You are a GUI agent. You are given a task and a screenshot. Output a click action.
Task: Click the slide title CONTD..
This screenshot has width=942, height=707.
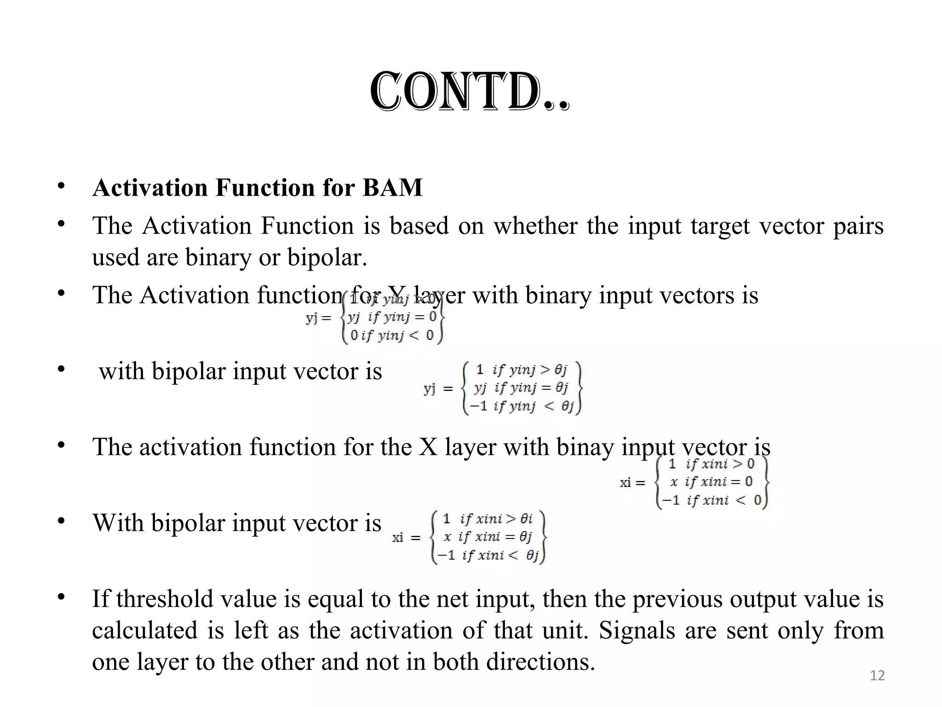point(469,92)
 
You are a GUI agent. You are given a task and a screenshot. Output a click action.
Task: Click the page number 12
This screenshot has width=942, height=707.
point(877,675)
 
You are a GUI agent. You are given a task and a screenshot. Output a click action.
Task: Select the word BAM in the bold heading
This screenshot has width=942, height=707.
point(392,187)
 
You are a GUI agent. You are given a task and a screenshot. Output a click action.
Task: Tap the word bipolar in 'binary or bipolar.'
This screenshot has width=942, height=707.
point(327,257)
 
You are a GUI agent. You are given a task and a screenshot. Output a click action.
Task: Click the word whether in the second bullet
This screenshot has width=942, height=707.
point(535,226)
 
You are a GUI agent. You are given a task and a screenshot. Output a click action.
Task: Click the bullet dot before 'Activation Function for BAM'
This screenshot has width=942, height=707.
point(61,186)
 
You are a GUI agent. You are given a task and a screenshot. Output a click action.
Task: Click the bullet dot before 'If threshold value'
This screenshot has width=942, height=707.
point(61,597)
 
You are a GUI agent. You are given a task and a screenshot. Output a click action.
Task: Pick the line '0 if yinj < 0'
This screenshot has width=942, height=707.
point(392,335)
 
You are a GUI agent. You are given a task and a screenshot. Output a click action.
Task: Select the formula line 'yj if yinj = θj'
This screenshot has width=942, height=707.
point(521,388)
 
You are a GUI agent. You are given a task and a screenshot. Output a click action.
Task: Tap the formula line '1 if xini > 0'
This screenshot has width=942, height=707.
point(711,464)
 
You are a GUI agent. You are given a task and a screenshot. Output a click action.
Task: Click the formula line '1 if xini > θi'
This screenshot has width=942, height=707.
point(488,519)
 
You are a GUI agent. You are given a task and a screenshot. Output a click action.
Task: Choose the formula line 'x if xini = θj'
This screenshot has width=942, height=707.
point(488,537)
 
